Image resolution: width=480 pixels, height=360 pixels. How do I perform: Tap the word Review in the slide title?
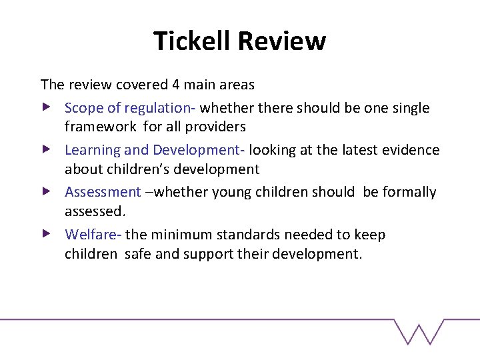tap(281, 41)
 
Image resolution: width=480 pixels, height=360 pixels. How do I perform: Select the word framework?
tap(99, 127)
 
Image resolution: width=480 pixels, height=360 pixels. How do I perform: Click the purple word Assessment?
tap(103, 192)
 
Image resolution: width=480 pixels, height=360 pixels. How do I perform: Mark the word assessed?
tap(93, 211)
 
